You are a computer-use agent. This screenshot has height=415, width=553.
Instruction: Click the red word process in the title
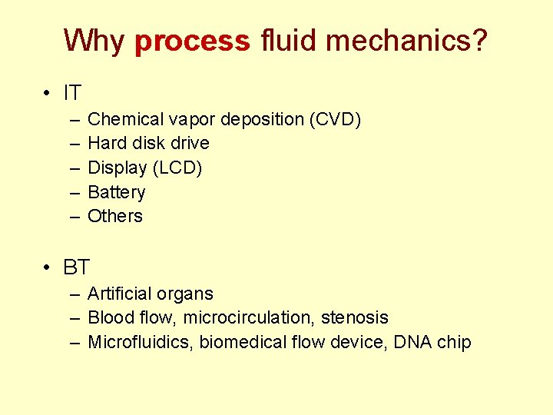point(192,41)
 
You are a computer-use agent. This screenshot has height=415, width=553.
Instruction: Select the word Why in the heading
point(94,41)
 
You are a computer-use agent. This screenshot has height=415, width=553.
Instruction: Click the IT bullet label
point(72,94)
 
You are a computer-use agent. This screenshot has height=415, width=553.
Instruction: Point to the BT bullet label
point(77,267)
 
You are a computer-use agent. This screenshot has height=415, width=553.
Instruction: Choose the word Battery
point(117,192)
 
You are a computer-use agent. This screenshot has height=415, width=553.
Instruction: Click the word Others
point(115,216)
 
